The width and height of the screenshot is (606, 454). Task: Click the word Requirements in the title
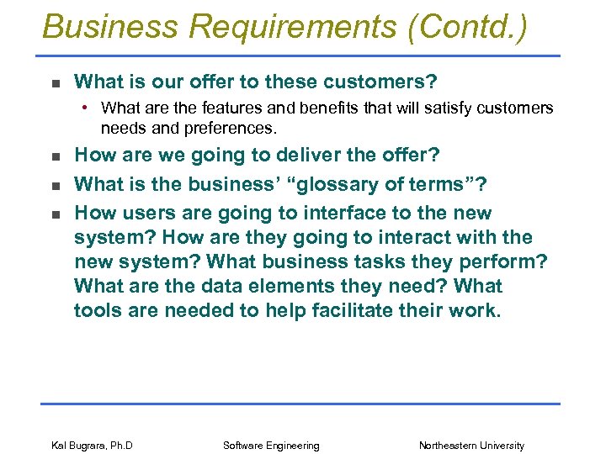(292, 27)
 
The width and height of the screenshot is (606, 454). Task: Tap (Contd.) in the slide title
(467, 27)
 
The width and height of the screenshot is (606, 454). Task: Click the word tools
(98, 310)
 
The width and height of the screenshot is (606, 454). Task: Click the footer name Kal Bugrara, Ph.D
(92, 446)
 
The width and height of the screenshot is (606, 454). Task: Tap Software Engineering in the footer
(271, 446)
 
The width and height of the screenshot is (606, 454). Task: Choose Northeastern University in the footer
(471, 446)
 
